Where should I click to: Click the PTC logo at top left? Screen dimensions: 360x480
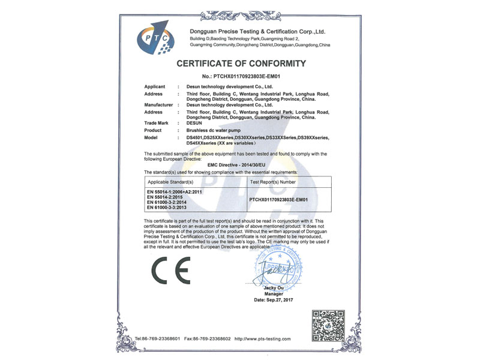[155, 37]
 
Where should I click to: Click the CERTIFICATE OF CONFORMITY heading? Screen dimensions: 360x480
[241, 64]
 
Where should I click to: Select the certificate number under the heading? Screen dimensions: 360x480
[241, 76]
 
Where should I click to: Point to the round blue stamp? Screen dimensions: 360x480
[277, 269]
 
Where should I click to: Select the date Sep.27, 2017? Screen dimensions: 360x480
[276, 299]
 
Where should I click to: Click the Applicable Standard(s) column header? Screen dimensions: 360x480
[170, 181]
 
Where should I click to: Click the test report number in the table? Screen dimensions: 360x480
[278, 199]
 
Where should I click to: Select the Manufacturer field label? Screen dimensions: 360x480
[159, 105]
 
